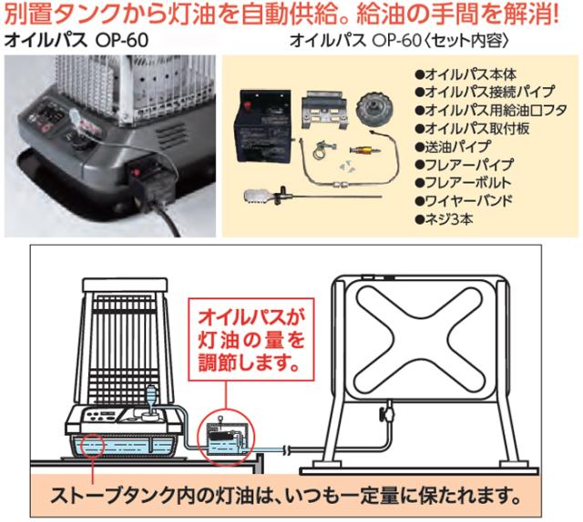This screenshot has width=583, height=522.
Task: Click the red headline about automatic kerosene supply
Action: [x=291, y=16]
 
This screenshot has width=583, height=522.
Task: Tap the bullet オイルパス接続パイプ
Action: [x=476, y=93]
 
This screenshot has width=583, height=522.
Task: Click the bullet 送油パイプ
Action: [x=452, y=146]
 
